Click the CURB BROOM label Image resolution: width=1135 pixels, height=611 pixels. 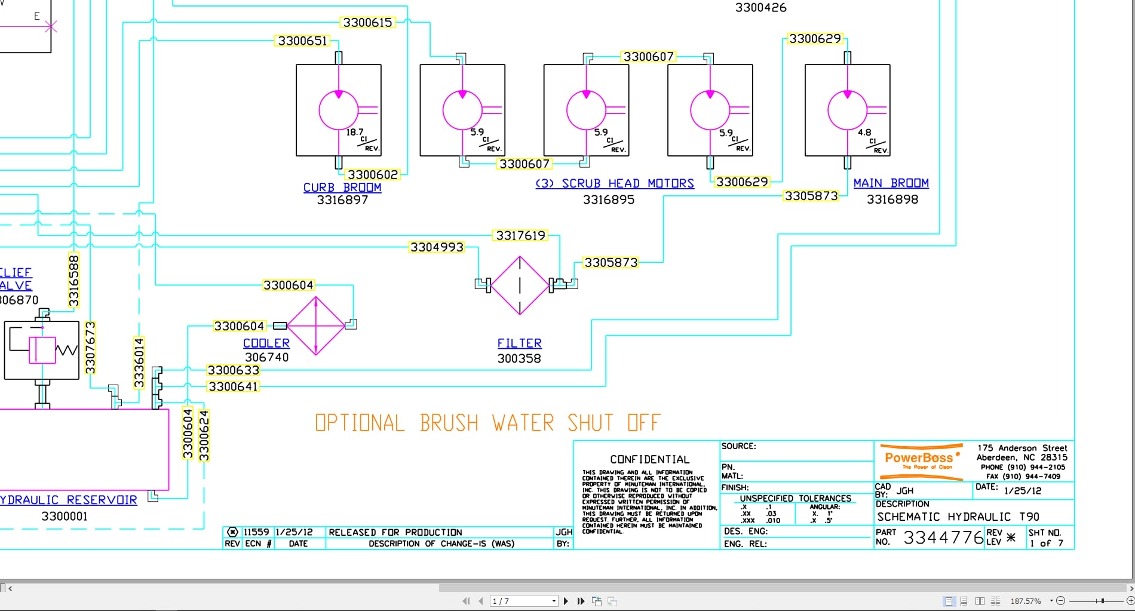point(342,188)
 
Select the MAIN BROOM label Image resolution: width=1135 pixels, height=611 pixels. point(891,183)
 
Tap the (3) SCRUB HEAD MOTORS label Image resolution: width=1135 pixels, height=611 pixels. point(615,183)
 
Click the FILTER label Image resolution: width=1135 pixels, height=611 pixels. point(519,343)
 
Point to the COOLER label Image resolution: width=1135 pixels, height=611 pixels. point(266,343)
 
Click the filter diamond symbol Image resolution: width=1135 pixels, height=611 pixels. point(520,285)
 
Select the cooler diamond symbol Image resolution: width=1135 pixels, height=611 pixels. point(316,326)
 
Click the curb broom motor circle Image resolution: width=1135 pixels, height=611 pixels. point(338,110)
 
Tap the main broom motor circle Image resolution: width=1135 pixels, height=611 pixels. point(847,110)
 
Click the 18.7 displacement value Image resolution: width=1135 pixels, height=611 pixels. point(354,132)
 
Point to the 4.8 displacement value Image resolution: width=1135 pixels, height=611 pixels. point(864,133)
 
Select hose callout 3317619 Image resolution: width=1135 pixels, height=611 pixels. point(520,236)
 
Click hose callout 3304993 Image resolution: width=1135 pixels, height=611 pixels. point(437,247)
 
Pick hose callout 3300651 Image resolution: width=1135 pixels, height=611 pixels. point(303,41)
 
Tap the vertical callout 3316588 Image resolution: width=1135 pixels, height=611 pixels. point(74,281)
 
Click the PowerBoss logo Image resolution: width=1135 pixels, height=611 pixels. point(921,461)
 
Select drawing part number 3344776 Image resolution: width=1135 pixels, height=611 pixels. point(943,538)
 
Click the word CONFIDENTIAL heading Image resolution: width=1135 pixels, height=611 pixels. point(649,459)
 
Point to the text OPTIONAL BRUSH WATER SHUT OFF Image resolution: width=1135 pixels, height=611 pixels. point(487,423)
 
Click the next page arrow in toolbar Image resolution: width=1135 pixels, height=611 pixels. point(566,601)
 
